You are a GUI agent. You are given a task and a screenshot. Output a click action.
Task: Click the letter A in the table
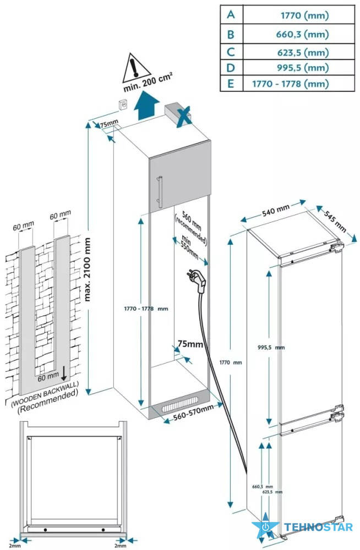coord(231,15)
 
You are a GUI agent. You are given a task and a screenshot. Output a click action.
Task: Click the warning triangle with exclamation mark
coord(134,67)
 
